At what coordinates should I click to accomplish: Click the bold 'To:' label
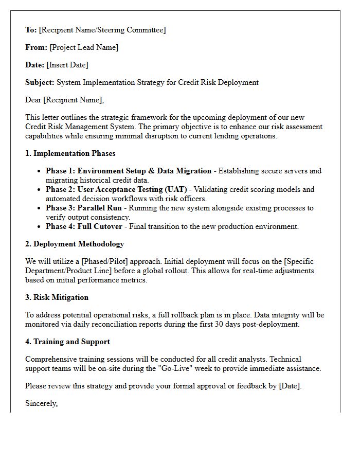tap(31, 30)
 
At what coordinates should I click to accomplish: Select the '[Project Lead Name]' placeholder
tap(84, 47)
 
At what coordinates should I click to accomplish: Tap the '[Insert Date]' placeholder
tap(67, 65)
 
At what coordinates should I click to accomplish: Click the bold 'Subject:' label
tap(40, 82)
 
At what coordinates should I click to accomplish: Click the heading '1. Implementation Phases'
tap(70, 153)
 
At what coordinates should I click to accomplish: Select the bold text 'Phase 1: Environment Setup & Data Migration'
tap(129, 171)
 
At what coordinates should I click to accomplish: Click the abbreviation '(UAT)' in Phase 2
tap(175, 189)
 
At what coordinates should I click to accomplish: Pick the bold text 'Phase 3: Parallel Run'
tap(84, 208)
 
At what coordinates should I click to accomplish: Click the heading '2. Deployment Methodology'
tap(75, 244)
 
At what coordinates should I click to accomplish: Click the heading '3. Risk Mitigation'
tap(57, 297)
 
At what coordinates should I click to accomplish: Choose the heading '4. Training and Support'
tap(67, 342)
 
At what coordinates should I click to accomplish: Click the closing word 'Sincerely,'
tap(41, 403)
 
